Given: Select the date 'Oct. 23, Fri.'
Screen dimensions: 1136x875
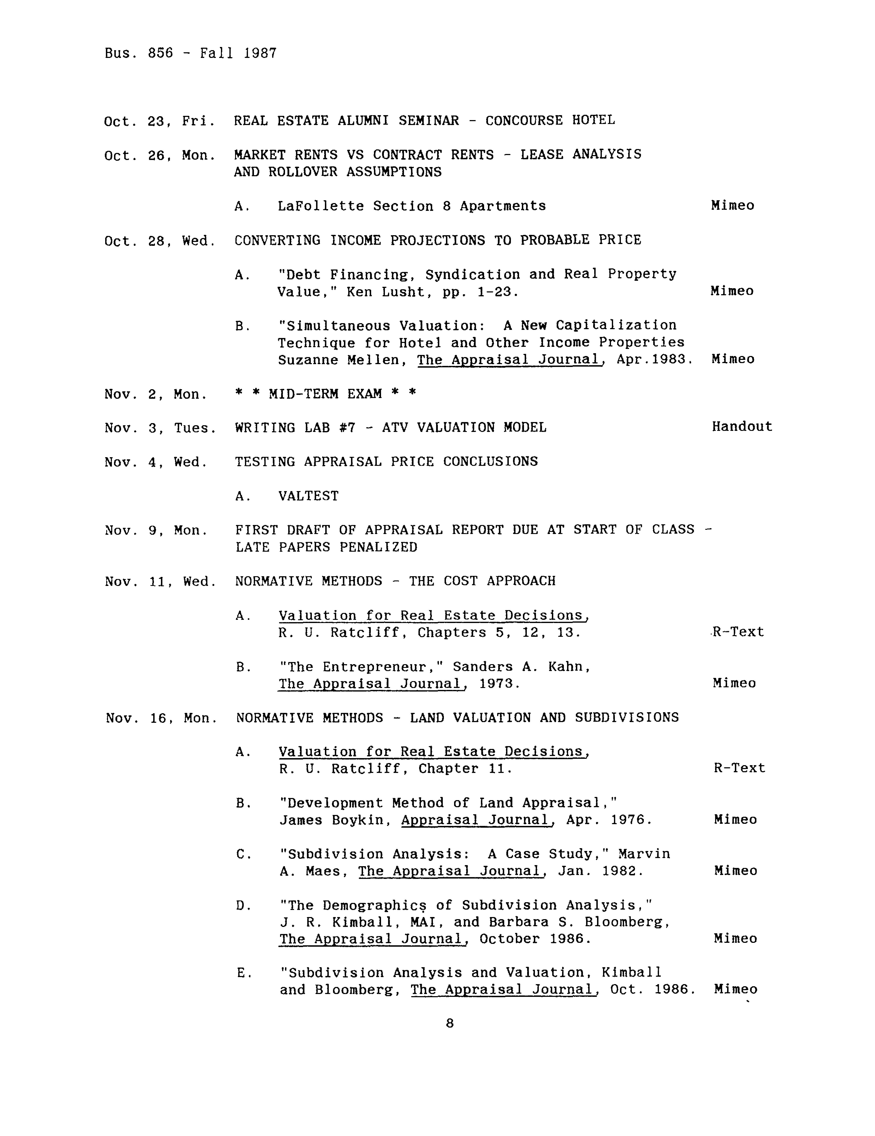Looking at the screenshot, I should (160, 121).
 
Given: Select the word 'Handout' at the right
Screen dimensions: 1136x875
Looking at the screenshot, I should (741, 426).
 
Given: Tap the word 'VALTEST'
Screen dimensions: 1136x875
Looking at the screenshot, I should (308, 496).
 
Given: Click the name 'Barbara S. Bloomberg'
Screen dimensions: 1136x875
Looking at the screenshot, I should (579, 922).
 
